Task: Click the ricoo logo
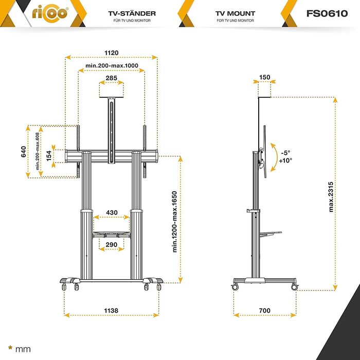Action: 50,13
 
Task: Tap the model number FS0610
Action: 327,13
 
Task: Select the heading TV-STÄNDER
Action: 132,13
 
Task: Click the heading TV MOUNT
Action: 235,13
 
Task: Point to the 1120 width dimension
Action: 112,53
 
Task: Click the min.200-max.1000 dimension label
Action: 112,66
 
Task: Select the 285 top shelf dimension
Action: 112,78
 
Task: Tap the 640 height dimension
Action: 24,152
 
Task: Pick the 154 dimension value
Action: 49,156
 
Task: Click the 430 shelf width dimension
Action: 112,212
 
